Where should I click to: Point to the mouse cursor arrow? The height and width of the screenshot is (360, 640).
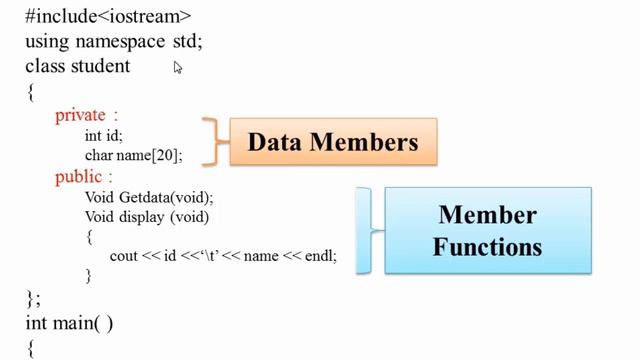(178, 68)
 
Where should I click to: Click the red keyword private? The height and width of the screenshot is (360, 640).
(80, 115)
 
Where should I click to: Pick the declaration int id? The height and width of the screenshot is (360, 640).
(104, 135)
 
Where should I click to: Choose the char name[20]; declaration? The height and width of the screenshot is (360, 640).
(133, 155)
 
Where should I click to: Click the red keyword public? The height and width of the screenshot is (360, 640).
(78, 176)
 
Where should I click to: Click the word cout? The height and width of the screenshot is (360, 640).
(124, 256)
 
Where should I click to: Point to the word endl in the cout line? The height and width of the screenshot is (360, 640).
(319, 256)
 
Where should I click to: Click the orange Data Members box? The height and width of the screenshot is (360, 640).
(333, 142)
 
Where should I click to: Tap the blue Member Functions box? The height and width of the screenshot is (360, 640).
(487, 230)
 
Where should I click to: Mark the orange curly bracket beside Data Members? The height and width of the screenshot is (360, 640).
(210, 142)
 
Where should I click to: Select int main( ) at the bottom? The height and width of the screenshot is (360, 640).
(69, 322)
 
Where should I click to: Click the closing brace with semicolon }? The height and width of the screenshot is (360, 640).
(33, 297)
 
